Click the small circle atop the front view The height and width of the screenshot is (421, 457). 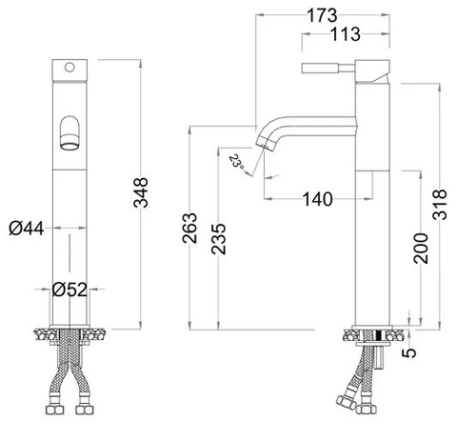coord(69,68)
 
